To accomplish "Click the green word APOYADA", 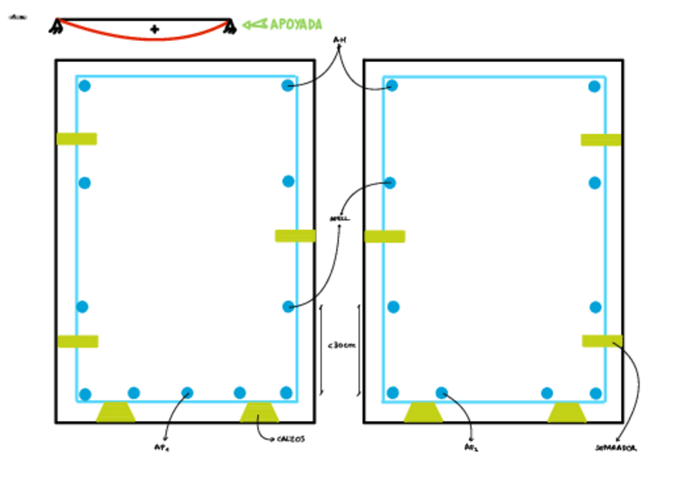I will pos(295,24).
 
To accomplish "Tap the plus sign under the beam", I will pos(154,30).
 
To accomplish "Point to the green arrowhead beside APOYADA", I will pos(254,24).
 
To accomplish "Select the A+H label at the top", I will pos(339,39).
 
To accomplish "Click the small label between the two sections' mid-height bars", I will pos(339,219).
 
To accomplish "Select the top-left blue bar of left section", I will pos(85,86).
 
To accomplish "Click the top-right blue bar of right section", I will pos(594,86).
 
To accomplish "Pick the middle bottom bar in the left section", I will pos(187,393).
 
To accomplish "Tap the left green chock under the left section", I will pos(116,412).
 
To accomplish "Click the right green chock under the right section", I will pos(567,412).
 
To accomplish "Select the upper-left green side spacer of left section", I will pos(77,138).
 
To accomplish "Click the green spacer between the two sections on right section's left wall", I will pos(384,236).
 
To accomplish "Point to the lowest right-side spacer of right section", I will pos(602,341).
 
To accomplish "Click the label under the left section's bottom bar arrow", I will pos(161,448).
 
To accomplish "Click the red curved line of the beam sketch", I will pos(145,37).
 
